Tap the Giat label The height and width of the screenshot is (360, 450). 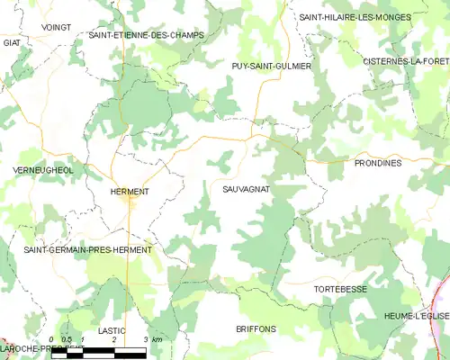point(12,42)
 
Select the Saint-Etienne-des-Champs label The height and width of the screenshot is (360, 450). point(146,35)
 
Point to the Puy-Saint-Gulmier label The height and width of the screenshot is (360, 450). point(271,67)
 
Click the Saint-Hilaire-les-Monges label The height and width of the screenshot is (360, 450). point(355,17)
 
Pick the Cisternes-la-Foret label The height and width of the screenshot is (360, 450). point(406,60)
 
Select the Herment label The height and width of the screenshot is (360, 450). point(129,192)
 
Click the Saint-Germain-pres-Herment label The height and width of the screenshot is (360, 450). point(88,249)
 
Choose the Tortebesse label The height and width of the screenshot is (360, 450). point(339,289)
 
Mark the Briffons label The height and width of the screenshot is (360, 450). point(256,328)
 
